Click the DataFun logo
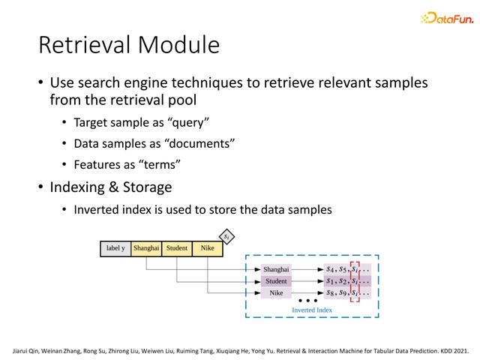coord(447,18)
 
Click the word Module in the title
coord(178,45)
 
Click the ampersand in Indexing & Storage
coord(113,187)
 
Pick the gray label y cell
coord(115,248)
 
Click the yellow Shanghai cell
coord(146,248)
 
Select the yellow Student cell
coord(177,248)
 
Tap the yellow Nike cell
coord(207,248)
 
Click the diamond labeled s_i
coord(226,237)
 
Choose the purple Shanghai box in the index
coord(276,269)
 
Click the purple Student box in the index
coord(276,281)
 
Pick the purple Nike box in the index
coord(276,292)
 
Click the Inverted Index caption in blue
coord(312,310)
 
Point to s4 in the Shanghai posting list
coord(330,269)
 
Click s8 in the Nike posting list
coord(330,293)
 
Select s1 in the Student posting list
coord(330,281)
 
